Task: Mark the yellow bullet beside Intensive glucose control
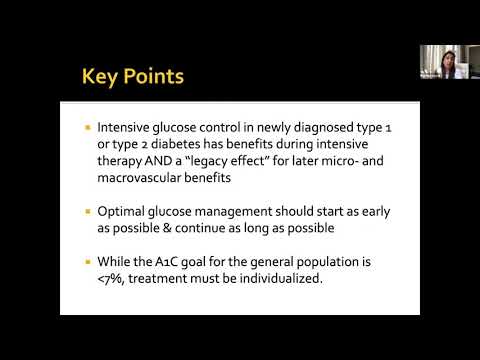click(87, 128)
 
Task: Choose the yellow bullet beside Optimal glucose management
click(87, 212)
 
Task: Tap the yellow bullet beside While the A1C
click(87, 262)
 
